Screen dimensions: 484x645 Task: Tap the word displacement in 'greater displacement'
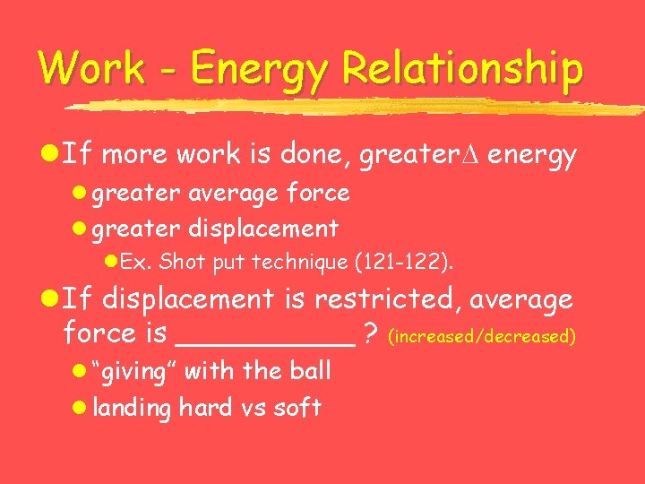point(262,229)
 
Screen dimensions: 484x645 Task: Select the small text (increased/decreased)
point(481,337)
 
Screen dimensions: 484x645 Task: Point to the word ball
point(310,370)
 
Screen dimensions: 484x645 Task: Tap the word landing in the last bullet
point(133,408)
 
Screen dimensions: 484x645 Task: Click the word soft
point(297,408)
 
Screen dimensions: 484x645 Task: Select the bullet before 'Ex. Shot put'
point(110,263)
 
